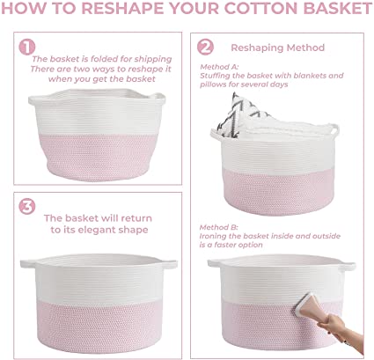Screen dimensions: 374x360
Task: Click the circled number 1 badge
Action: click(27, 47)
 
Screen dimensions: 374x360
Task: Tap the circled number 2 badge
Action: click(205, 47)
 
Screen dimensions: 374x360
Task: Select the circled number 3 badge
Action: click(27, 206)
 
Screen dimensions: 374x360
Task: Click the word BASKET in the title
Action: click(338, 8)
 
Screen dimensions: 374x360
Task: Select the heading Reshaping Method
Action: click(278, 48)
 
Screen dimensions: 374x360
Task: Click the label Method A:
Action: click(219, 67)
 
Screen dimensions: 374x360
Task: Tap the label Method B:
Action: click(219, 227)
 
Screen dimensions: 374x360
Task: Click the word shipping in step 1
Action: click(153, 60)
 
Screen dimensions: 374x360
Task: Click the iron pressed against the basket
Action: click(309, 305)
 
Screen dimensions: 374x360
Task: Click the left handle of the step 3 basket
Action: click(28, 263)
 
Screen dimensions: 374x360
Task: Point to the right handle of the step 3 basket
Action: click(170, 263)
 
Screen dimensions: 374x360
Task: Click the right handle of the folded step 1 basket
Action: click(158, 98)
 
